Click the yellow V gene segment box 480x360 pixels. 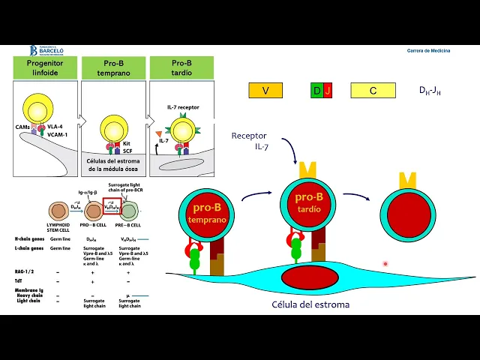(265, 91)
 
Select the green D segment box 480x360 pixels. (316, 91)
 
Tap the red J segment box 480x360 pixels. (328, 91)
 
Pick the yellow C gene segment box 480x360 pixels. (373, 91)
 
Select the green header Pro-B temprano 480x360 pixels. (114, 68)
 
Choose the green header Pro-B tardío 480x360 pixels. (181, 68)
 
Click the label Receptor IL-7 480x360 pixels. (249, 141)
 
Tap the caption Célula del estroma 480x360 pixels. (310, 304)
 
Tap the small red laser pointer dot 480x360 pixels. (385, 264)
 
